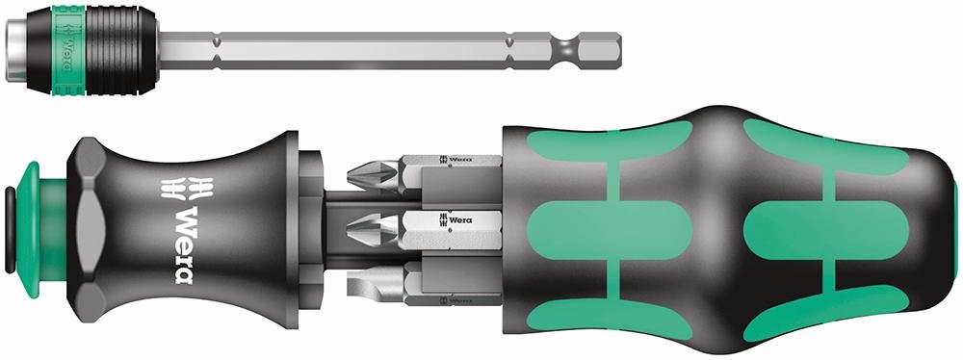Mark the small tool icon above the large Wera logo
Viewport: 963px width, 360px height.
[x=180, y=185]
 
